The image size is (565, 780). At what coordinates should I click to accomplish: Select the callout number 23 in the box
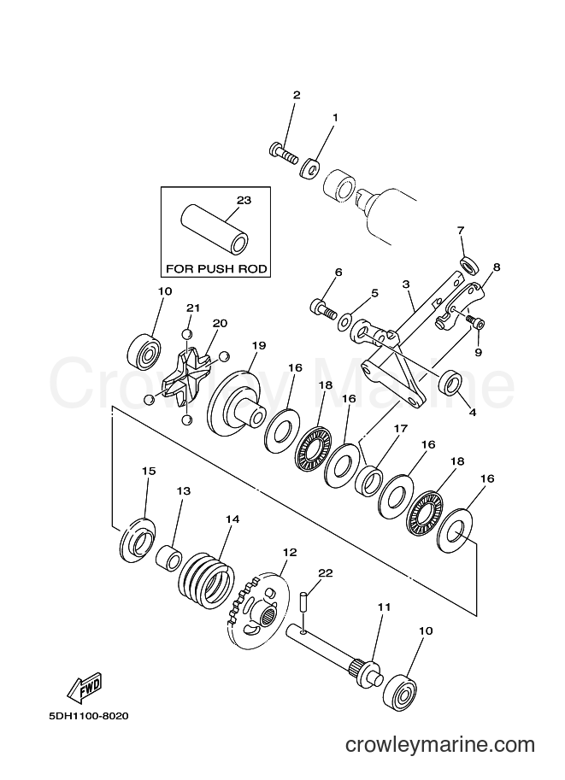pyautogui.click(x=244, y=201)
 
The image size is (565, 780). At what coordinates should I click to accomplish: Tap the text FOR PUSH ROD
pyautogui.click(x=216, y=269)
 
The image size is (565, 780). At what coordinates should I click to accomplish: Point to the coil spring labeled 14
pyautogui.click(x=207, y=576)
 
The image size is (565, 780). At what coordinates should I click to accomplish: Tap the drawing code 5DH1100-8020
pyautogui.click(x=89, y=716)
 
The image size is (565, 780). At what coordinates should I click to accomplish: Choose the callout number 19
pyautogui.click(x=259, y=345)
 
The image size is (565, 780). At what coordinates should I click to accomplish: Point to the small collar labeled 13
pyautogui.click(x=168, y=559)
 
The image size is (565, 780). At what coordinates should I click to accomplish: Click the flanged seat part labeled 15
pyautogui.click(x=138, y=540)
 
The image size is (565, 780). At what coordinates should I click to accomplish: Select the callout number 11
pyautogui.click(x=385, y=607)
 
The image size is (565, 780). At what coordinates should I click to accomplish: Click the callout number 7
pyautogui.click(x=461, y=231)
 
